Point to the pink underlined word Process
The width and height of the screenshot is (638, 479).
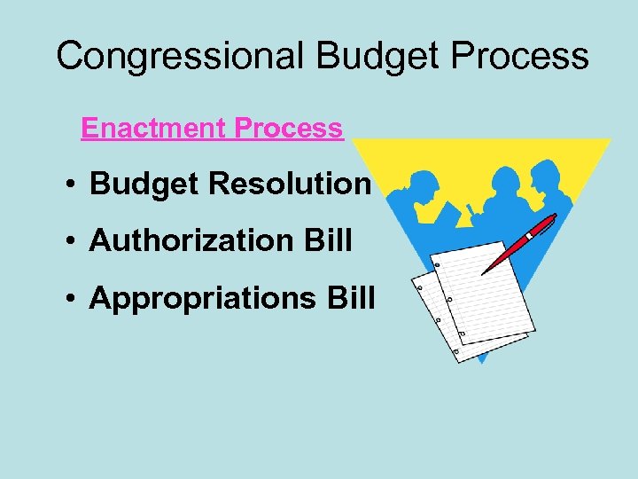(288, 129)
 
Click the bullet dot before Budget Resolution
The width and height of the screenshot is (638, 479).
(70, 185)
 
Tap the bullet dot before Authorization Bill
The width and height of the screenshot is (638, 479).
(70, 241)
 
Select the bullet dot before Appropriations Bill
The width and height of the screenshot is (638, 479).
(70, 299)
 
